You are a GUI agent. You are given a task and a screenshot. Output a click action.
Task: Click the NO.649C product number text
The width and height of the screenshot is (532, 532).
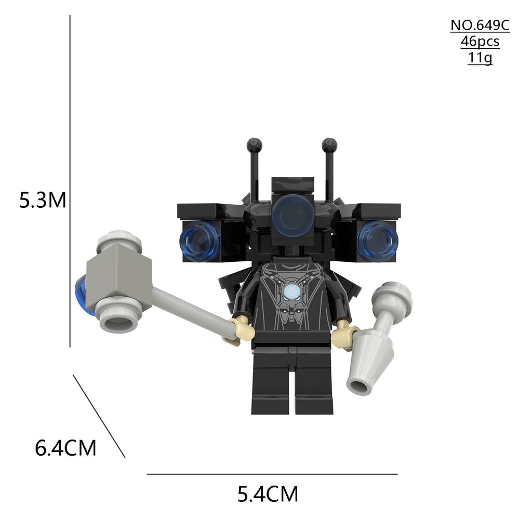[x=480, y=25]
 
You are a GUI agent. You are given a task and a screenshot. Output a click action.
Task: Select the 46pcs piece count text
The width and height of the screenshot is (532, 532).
[x=480, y=42]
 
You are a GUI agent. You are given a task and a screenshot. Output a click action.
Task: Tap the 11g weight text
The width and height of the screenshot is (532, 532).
[x=480, y=57]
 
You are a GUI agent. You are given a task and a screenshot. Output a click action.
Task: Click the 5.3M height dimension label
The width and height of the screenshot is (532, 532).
[x=43, y=200]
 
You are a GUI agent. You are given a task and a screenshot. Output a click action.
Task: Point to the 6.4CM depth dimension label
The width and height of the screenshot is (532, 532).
[x=65, y=447]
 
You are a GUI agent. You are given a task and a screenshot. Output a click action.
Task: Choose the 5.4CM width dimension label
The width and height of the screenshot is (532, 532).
[x=268, y=494]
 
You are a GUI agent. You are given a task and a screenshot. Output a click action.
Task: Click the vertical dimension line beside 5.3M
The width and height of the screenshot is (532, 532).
[x=70, y=182]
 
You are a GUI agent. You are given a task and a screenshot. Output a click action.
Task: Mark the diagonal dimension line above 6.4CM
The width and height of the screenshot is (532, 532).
[x=99, y=416]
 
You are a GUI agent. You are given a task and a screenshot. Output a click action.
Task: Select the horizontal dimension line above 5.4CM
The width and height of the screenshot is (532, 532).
[x=272, y=474]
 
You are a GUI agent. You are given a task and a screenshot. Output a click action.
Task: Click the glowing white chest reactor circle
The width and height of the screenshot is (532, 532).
[x=291, y=292]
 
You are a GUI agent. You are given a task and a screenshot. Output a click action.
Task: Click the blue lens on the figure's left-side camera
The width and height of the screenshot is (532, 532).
[x=200, y=241]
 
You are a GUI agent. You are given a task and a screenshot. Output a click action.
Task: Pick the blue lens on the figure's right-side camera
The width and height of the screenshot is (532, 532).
[x=378, y=240]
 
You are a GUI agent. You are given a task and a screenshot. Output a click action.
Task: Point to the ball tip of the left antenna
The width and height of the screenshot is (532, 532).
[x=254, y=144]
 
